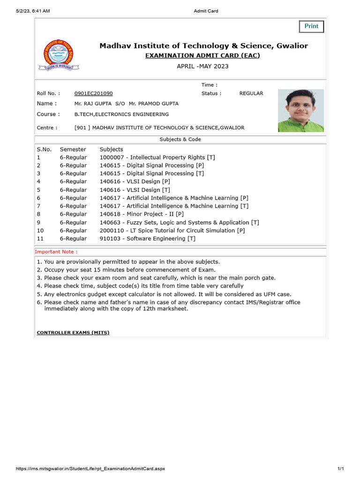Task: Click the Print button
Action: pyautogui.click(x=311, y=26)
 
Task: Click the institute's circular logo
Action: pyautogui.click(x=59, y=55)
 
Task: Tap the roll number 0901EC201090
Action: pyautogui.click(x=93, y=93)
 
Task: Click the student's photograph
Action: pyautogui.click(x=300, y=111)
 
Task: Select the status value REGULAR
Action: pyautogui.click(x=251, y=93)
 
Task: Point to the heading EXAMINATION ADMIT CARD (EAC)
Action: pyautogui.click(x=203, y=56)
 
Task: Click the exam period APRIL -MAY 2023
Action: pyautogui.click(x=202, y=66)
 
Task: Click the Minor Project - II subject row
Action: pyautogui.click(x=142, y=214)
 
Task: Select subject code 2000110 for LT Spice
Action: pyautogui.click(x=111, y=231)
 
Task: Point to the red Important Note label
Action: pyautogui.click(x=57, y=252)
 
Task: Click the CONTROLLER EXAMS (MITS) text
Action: pyautogui.click(x=73, y=333)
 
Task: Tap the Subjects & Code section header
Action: pyautogui.click(x=180, y=139)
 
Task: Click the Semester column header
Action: pyautogui.click(x=73, y=149)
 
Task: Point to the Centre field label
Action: pyautogui.click(x=47, y=127)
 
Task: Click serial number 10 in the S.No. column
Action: pyautogui.click(x=40, y=231)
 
